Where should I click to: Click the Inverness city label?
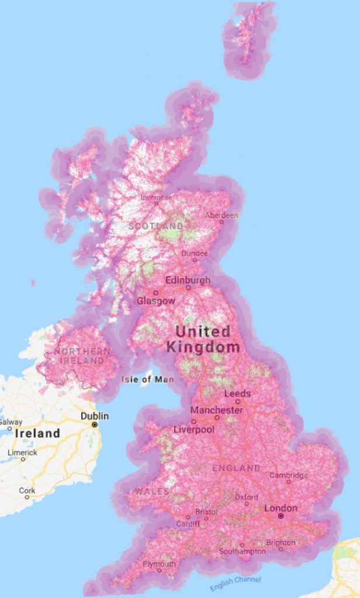[x=156, y=197]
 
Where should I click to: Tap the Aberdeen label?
[x=221, y=215]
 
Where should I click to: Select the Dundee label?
[x=194, y=253]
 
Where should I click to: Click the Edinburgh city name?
[x=188, y=280]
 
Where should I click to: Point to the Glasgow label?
[x=155, y=301]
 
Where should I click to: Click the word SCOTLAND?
[x=155, y=226]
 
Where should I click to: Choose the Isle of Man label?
[x=148, y=380]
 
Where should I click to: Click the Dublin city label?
[x=94, y=416]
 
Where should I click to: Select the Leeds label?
[x=237, y=394]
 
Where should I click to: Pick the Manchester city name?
[x=216, y=410]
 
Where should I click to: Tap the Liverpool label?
[x=194, y=429]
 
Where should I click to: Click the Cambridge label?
[x=288, y=475]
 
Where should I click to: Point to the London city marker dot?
[x=281, y=516]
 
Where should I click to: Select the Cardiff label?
[x=188, y=524]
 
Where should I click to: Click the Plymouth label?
[x=158, y=564]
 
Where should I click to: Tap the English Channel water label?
[x=236, y=583]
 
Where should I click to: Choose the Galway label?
[x=11, y=422]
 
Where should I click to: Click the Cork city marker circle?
[x=27, y=497]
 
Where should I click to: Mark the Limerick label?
[x=22, y=453]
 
